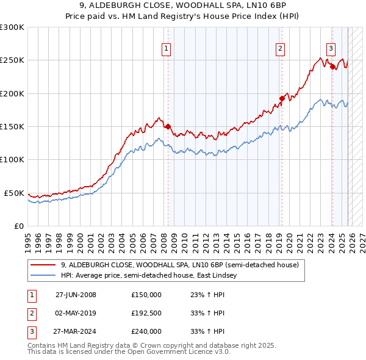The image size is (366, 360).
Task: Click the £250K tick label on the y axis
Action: [12, 60]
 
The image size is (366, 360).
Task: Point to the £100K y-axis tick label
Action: [12, 160]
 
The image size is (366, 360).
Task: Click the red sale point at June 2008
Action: [168, 127]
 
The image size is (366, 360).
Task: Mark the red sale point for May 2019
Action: [282, 98]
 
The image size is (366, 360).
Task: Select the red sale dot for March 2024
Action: [332, 67]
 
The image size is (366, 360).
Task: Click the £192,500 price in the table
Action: [146, 313]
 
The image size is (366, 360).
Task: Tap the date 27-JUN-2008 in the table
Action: [76, 295]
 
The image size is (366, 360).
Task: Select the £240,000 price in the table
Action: [146, 331]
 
